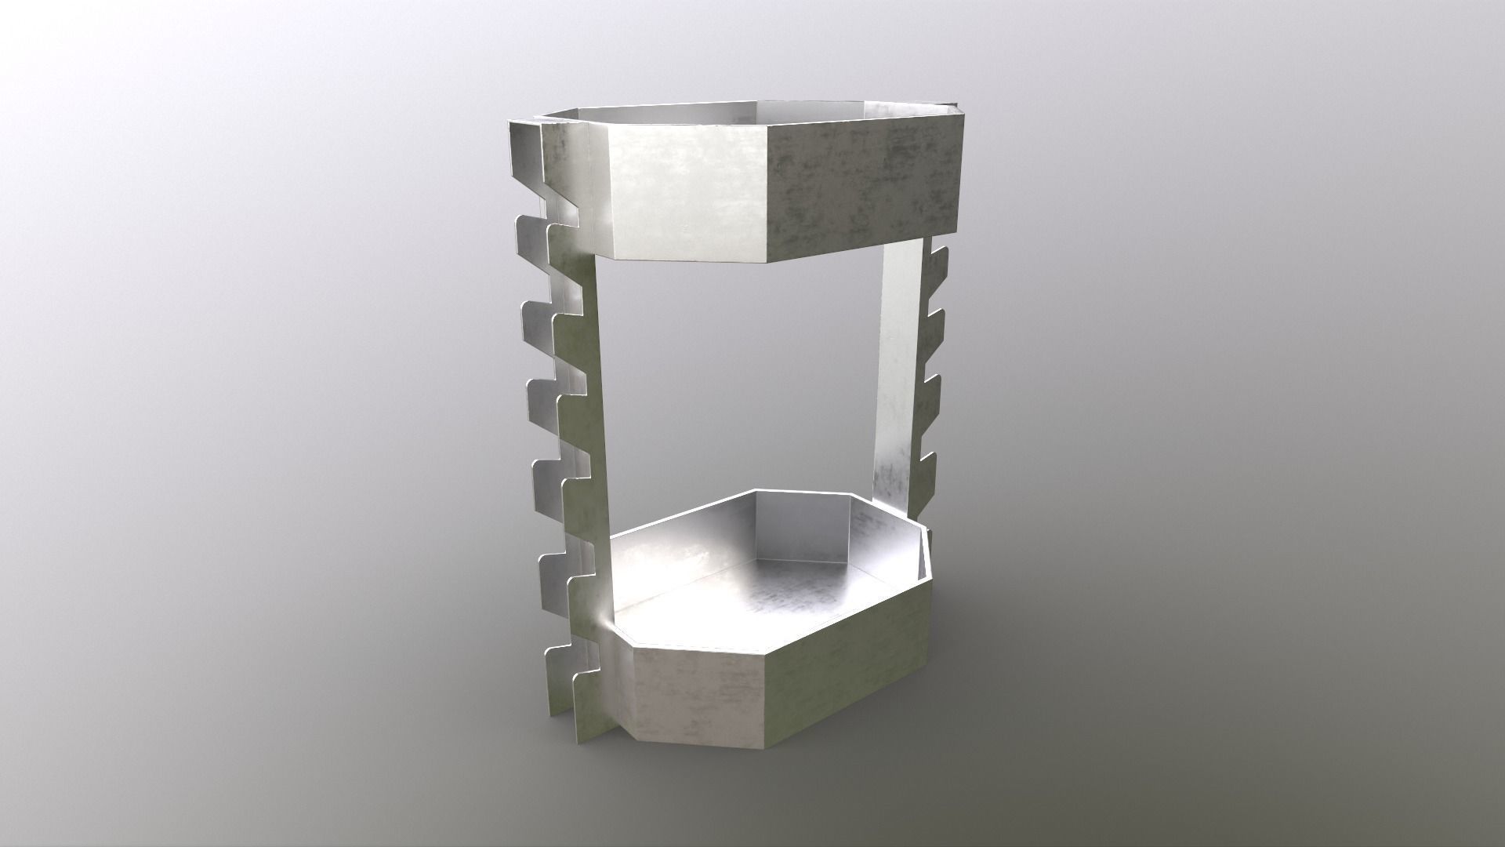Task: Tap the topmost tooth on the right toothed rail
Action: (x=938, y=259)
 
